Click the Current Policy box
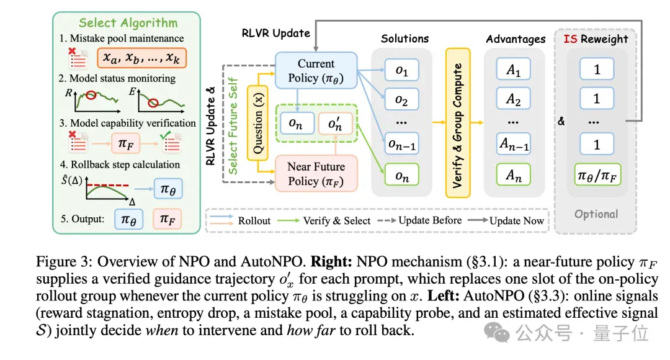[316, 71]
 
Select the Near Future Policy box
[316, 173]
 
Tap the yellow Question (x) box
[257, 123]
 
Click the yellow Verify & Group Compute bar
[458, 123]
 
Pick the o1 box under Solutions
[401, 70]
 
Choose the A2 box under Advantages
[513, 99]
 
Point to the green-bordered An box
[513, 174]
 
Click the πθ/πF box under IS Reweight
[597, 174]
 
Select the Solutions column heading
[404, 38]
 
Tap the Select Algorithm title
[128, 23]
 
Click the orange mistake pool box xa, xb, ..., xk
[142, 58]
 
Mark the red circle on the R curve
[91, 95]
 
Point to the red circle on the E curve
[153, 102]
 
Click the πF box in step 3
[125, 143]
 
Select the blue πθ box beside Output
[128, 219]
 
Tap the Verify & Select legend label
[337, 220]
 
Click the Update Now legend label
[517, 220]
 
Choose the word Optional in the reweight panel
[596, 214]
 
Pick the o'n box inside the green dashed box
[336, 124]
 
